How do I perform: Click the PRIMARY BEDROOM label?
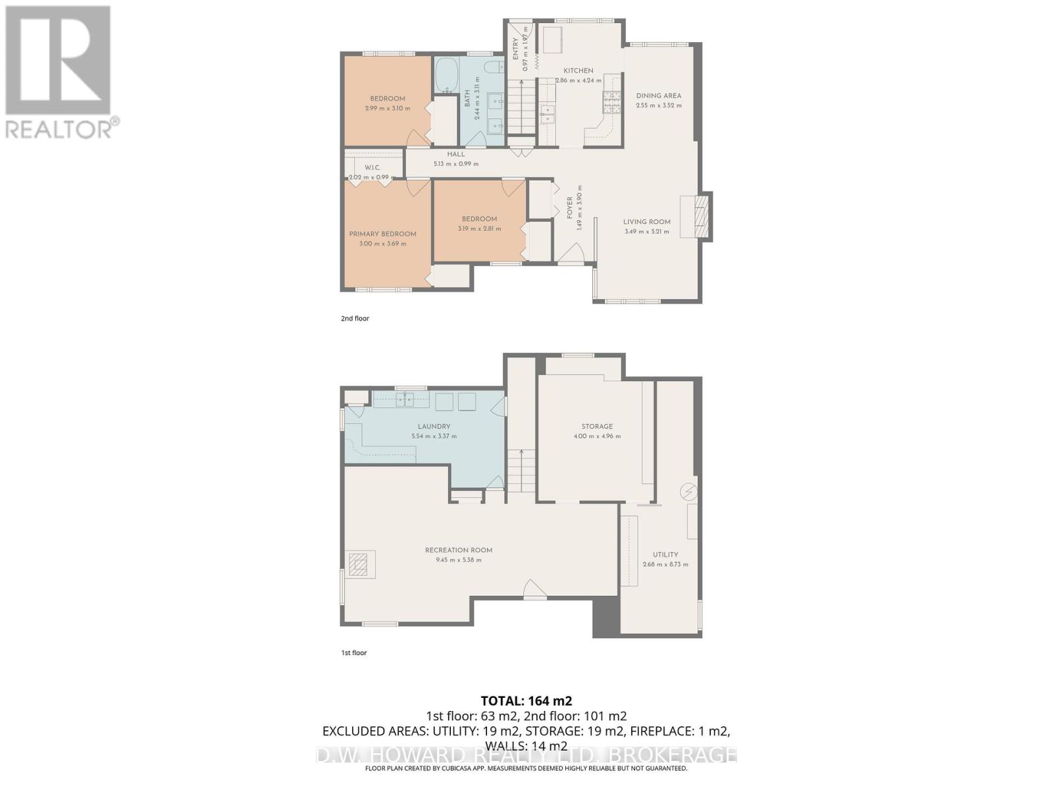coord(382,234)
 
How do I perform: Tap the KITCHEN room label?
coord(578,70)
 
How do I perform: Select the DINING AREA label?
coord(658,95)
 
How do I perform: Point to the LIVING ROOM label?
coord(646,222)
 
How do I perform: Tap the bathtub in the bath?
coord(447,75)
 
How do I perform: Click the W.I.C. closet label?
coord(372,168)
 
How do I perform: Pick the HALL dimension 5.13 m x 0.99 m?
coord(455,164)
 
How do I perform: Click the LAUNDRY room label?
coord(434,426)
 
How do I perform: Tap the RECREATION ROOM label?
coord(458,550)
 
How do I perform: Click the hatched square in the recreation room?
coord(359,565)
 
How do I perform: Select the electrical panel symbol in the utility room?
coord(688,492)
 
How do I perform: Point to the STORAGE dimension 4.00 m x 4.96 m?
coord(597,436)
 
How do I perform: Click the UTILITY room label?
coord(665,554)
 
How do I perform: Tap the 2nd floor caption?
coord(355,319)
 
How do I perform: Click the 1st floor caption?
coord(353,653)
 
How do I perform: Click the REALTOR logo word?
coord(59,128)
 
